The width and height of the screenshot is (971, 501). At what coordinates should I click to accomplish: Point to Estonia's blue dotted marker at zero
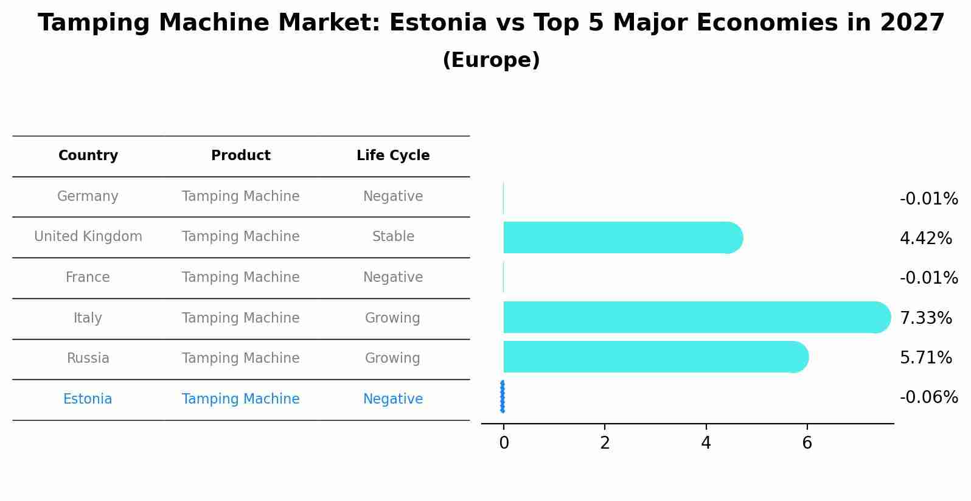(x=503, y=397)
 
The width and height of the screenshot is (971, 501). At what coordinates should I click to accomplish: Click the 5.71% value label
(x=925, y=358)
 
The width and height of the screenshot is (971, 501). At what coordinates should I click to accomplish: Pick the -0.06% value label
(x=928, y=398)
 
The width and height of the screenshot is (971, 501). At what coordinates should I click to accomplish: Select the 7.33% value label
(x=925, y=318)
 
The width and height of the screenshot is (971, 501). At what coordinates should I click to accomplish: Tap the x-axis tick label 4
(x=706, y=443)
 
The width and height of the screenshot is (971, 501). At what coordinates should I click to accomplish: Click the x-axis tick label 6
(x=807, y=443)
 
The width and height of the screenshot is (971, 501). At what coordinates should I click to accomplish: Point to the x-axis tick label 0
(x=504, y=443)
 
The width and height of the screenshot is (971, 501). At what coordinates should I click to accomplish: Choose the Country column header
(x=88, y=156)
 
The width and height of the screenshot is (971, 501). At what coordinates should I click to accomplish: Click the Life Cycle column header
(x=393, y=156)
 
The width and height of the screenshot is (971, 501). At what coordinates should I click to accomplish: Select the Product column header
(x=240, y=156)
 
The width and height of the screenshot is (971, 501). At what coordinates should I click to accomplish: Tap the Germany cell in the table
(x=88, y=197)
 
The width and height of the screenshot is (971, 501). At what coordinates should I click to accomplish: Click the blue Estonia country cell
(x=88, y=399)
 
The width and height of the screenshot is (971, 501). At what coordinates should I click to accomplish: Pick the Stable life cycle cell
(x=393, y=237)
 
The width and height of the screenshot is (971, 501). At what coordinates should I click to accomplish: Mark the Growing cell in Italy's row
(x=392, y=318)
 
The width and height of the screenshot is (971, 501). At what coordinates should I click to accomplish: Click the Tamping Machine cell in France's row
(x=240, y=278)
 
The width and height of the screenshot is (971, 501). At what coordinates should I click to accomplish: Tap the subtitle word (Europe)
(x=491, y=60)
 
